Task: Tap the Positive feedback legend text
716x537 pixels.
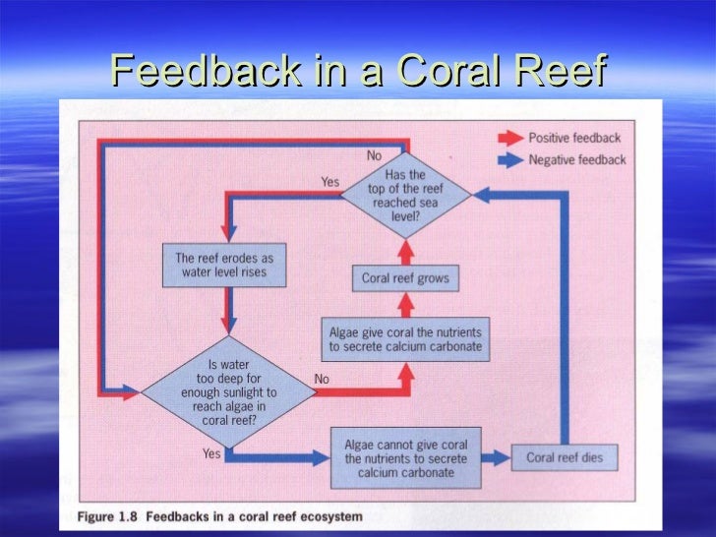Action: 574,138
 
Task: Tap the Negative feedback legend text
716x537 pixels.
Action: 576,160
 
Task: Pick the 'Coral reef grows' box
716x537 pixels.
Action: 405,278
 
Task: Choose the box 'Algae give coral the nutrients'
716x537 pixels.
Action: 403,339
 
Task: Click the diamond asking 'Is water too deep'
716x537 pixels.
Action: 228,392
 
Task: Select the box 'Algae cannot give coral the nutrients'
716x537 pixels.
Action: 406,458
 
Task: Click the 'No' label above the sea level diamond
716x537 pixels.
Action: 375,156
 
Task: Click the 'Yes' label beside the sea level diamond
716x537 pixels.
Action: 330,181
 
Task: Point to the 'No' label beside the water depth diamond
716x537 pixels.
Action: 321,379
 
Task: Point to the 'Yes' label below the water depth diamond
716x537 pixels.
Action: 211,453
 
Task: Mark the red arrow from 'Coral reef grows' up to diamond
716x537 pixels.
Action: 405,250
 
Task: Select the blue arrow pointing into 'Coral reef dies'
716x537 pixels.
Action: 497,457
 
